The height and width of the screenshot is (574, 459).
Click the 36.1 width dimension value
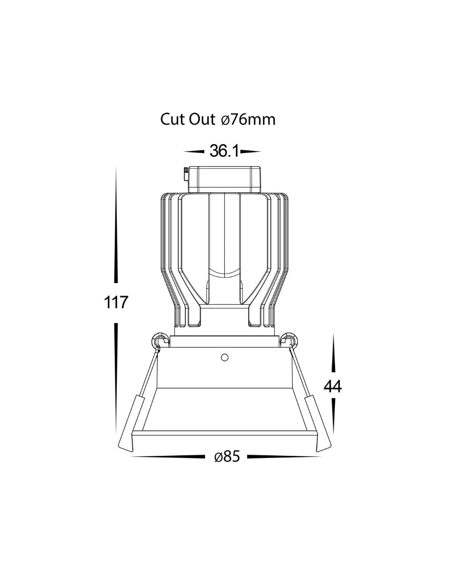click(224, 151)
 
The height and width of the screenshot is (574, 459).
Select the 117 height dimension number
click(116, 302)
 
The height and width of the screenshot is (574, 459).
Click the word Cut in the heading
click(172, 119)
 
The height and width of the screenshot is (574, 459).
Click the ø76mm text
click(248, 119)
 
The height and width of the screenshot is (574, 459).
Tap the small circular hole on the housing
click(224, 357)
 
